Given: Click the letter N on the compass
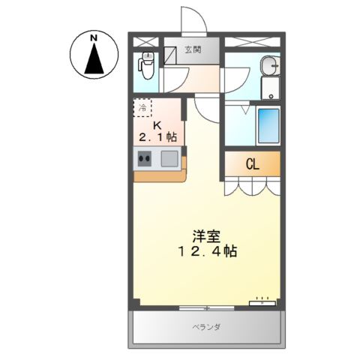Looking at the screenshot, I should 94,37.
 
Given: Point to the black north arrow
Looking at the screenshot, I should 94,59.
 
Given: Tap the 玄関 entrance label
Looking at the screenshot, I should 193,50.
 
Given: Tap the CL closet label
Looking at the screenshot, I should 252,163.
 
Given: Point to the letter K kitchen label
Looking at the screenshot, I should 157,124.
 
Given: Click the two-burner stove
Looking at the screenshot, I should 145,158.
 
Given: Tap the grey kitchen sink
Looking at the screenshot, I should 169,158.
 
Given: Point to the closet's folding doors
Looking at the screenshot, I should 252,184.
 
